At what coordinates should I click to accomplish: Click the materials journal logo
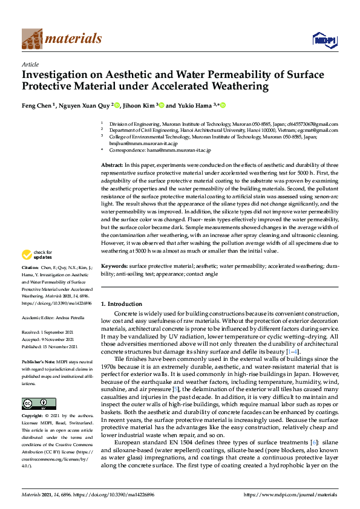coord(61,39)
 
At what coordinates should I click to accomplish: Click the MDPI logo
coord(324,40)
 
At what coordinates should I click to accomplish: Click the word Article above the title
coord(30,63)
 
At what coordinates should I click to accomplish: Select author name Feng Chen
coord(38,105)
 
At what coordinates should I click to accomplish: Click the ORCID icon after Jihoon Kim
coord(161,105)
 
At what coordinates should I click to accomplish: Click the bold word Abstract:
coord(112,165)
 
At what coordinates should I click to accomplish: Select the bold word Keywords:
coord(114,266)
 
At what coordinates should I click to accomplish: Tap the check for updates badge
coord(38,255)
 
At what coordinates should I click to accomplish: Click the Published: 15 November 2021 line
coord(51,346)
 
